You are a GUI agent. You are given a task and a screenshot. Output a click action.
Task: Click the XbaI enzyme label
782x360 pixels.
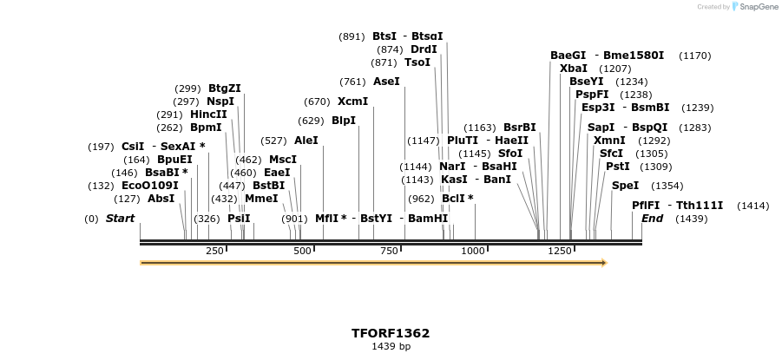[574, 69]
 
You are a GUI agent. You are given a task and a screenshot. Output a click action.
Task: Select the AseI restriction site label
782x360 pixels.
[386, 82]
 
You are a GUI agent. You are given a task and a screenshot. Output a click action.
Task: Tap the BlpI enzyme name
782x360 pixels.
[344, 121]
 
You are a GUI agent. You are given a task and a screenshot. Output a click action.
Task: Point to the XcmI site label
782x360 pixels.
[352, 101]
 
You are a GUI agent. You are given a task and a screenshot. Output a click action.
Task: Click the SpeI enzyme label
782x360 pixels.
[625, 186]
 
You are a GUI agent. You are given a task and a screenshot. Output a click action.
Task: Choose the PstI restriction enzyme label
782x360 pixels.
[618, 167]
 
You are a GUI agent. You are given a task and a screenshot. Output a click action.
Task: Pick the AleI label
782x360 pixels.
[306, 141]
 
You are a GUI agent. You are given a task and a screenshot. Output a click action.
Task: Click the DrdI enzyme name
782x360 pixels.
[424, 49]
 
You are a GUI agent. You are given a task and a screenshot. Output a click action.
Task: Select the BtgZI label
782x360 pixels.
[225, 88]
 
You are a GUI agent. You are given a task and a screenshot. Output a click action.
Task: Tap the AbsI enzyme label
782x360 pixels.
[161, 199]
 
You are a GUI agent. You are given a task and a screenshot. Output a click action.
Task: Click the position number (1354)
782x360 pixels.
[667, 186]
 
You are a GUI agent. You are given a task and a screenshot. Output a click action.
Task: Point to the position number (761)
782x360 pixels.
[352, 82]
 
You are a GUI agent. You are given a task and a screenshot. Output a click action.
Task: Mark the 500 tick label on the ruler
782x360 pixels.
[302, 252]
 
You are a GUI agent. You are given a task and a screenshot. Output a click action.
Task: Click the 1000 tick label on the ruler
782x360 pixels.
[473, 252]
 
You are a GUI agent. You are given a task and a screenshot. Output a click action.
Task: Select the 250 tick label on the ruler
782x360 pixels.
[215, 252]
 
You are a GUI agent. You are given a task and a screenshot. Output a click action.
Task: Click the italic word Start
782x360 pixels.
[120, 219]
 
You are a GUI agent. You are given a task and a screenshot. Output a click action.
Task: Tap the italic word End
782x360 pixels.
[653, 219]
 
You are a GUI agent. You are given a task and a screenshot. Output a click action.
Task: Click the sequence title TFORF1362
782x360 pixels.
[391, 333]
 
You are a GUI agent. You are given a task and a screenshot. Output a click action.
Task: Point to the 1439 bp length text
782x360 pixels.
[391, 347]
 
